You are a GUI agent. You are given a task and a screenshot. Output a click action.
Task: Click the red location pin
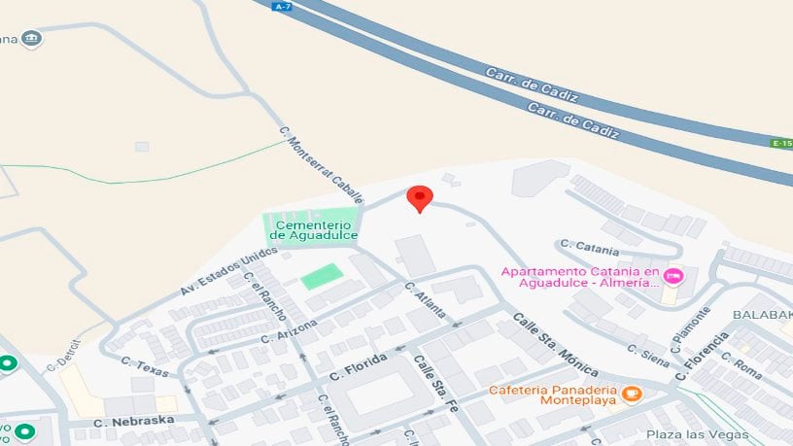click(x=419, y=198)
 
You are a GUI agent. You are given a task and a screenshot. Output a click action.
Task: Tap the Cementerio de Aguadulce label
click(x=314, y=229)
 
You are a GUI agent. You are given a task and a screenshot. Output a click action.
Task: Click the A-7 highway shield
click(x=283, y=6)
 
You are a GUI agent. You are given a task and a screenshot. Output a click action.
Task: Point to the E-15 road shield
click(x=781, y=143)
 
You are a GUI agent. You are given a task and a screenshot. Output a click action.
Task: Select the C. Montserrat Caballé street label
click(x=320, y=164)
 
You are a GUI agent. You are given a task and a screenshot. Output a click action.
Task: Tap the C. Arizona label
click(x=289, y=330)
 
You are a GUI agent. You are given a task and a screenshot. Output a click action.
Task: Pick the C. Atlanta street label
click(x=426, y=300)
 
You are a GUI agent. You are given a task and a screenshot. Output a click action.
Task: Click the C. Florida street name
click(x=359, y=367)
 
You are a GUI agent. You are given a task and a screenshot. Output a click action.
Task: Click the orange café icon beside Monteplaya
click(x=632, y=394)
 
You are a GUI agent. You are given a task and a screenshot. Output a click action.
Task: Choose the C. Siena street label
click(x=647, y=356)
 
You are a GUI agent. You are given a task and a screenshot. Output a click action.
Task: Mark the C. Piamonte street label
click(x=691, y=329)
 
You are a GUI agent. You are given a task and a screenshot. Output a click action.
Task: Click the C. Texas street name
click(x=145, y=366)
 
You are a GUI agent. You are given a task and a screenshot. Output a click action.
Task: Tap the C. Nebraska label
click(x=133, y=422)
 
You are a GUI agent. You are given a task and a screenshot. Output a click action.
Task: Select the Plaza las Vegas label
click(x=697, y=434)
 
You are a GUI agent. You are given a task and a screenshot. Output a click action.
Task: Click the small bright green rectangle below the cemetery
click(x=322, y=276)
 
